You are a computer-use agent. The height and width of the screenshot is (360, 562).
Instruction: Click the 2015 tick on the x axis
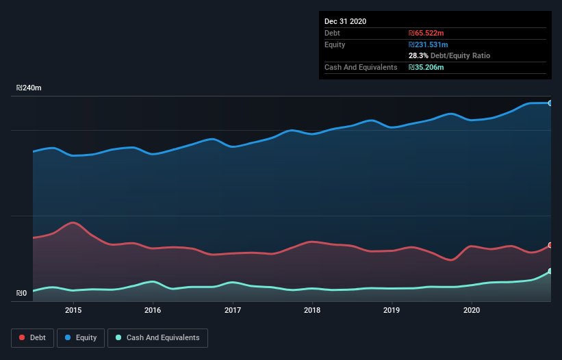coord(73,310)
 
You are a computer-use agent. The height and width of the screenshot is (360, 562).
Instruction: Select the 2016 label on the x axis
coord(153,310)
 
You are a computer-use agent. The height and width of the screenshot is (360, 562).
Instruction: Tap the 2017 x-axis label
coord(233,310)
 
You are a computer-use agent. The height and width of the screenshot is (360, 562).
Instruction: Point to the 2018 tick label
coord(312,310)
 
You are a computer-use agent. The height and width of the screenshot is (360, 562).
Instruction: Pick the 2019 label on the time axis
coord(392,310)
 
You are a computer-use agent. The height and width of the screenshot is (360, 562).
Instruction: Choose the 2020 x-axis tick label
coord(472,310)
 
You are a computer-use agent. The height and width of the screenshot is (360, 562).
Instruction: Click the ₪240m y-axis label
coord(29,88)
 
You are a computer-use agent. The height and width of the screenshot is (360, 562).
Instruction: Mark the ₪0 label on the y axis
coord(21,294)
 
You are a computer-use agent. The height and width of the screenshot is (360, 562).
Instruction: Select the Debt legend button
coord(31,337)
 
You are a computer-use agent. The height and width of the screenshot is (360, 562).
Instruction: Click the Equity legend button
coord(81,337)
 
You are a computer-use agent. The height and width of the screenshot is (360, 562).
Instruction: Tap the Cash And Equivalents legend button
coord(157,337)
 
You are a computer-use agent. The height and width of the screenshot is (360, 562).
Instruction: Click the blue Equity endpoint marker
coord(550,103)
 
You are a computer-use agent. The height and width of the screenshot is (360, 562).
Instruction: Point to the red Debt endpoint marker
coord(550,245)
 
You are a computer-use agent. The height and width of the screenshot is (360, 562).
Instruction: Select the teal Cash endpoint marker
coord(550,272)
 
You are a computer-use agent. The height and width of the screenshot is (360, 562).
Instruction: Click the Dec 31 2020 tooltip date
coord(345,21)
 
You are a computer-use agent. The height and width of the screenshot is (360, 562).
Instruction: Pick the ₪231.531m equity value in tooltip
coord(429,44)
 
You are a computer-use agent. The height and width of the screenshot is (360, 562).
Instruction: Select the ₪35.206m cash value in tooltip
coord(427,67)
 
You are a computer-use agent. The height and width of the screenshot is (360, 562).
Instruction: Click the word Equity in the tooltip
coord(335,44)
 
